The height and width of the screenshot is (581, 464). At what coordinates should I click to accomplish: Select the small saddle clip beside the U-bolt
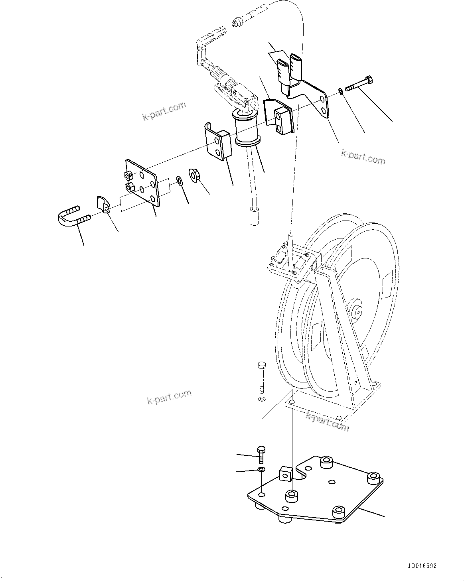coord(103,204)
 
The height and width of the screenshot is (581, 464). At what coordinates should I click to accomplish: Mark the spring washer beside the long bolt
coord(341,92)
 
